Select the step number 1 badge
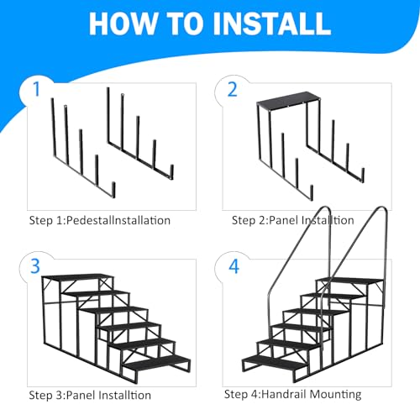(x=37, y=90)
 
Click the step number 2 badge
(x=233, y=90)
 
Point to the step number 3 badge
(x=35, y=266)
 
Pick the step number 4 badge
(x=234, y=266)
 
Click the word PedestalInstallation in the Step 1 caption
(x=118, y=220)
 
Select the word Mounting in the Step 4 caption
(x=335, y=395)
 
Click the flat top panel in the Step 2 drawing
(x=288, y=100)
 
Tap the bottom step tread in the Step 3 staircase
(x=157, y=363)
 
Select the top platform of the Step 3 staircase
(x=78, y=277)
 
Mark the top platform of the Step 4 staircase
(x=350, y=281)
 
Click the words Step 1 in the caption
(x=47, y=220)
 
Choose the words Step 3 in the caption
(x=47, y=395)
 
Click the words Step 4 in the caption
(x=241, y=394)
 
